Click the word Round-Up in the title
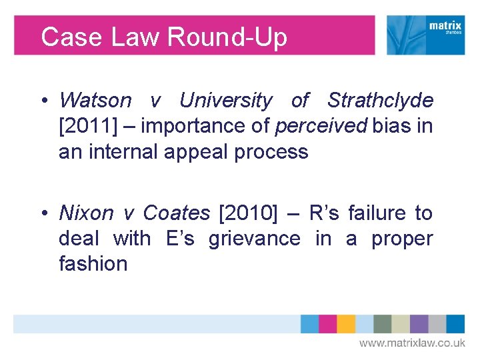coord(227,37)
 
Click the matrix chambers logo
coord(426,35)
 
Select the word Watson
coord(95,101)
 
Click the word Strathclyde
coord(380,101)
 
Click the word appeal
coord(193,151)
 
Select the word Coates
coord(177,213)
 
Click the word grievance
coord(254,239)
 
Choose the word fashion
coord(93,264)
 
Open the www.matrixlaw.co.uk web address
coord(412,343)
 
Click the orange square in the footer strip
coord(346,324)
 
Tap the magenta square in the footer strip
coord(328,324)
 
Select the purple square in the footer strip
coord(419,324)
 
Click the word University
coord(226,101)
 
